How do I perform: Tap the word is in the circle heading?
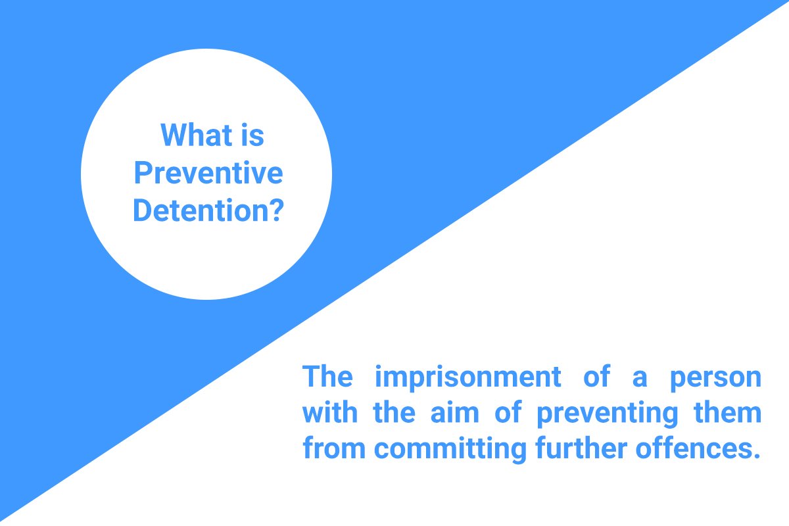click(x=251, y=135)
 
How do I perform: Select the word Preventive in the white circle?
click(x=208, y=174)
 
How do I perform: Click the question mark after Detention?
click(x=277, y=211)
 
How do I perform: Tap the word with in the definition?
click(x=333, y=414)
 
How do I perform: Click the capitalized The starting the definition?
click(x=327, y=377)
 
